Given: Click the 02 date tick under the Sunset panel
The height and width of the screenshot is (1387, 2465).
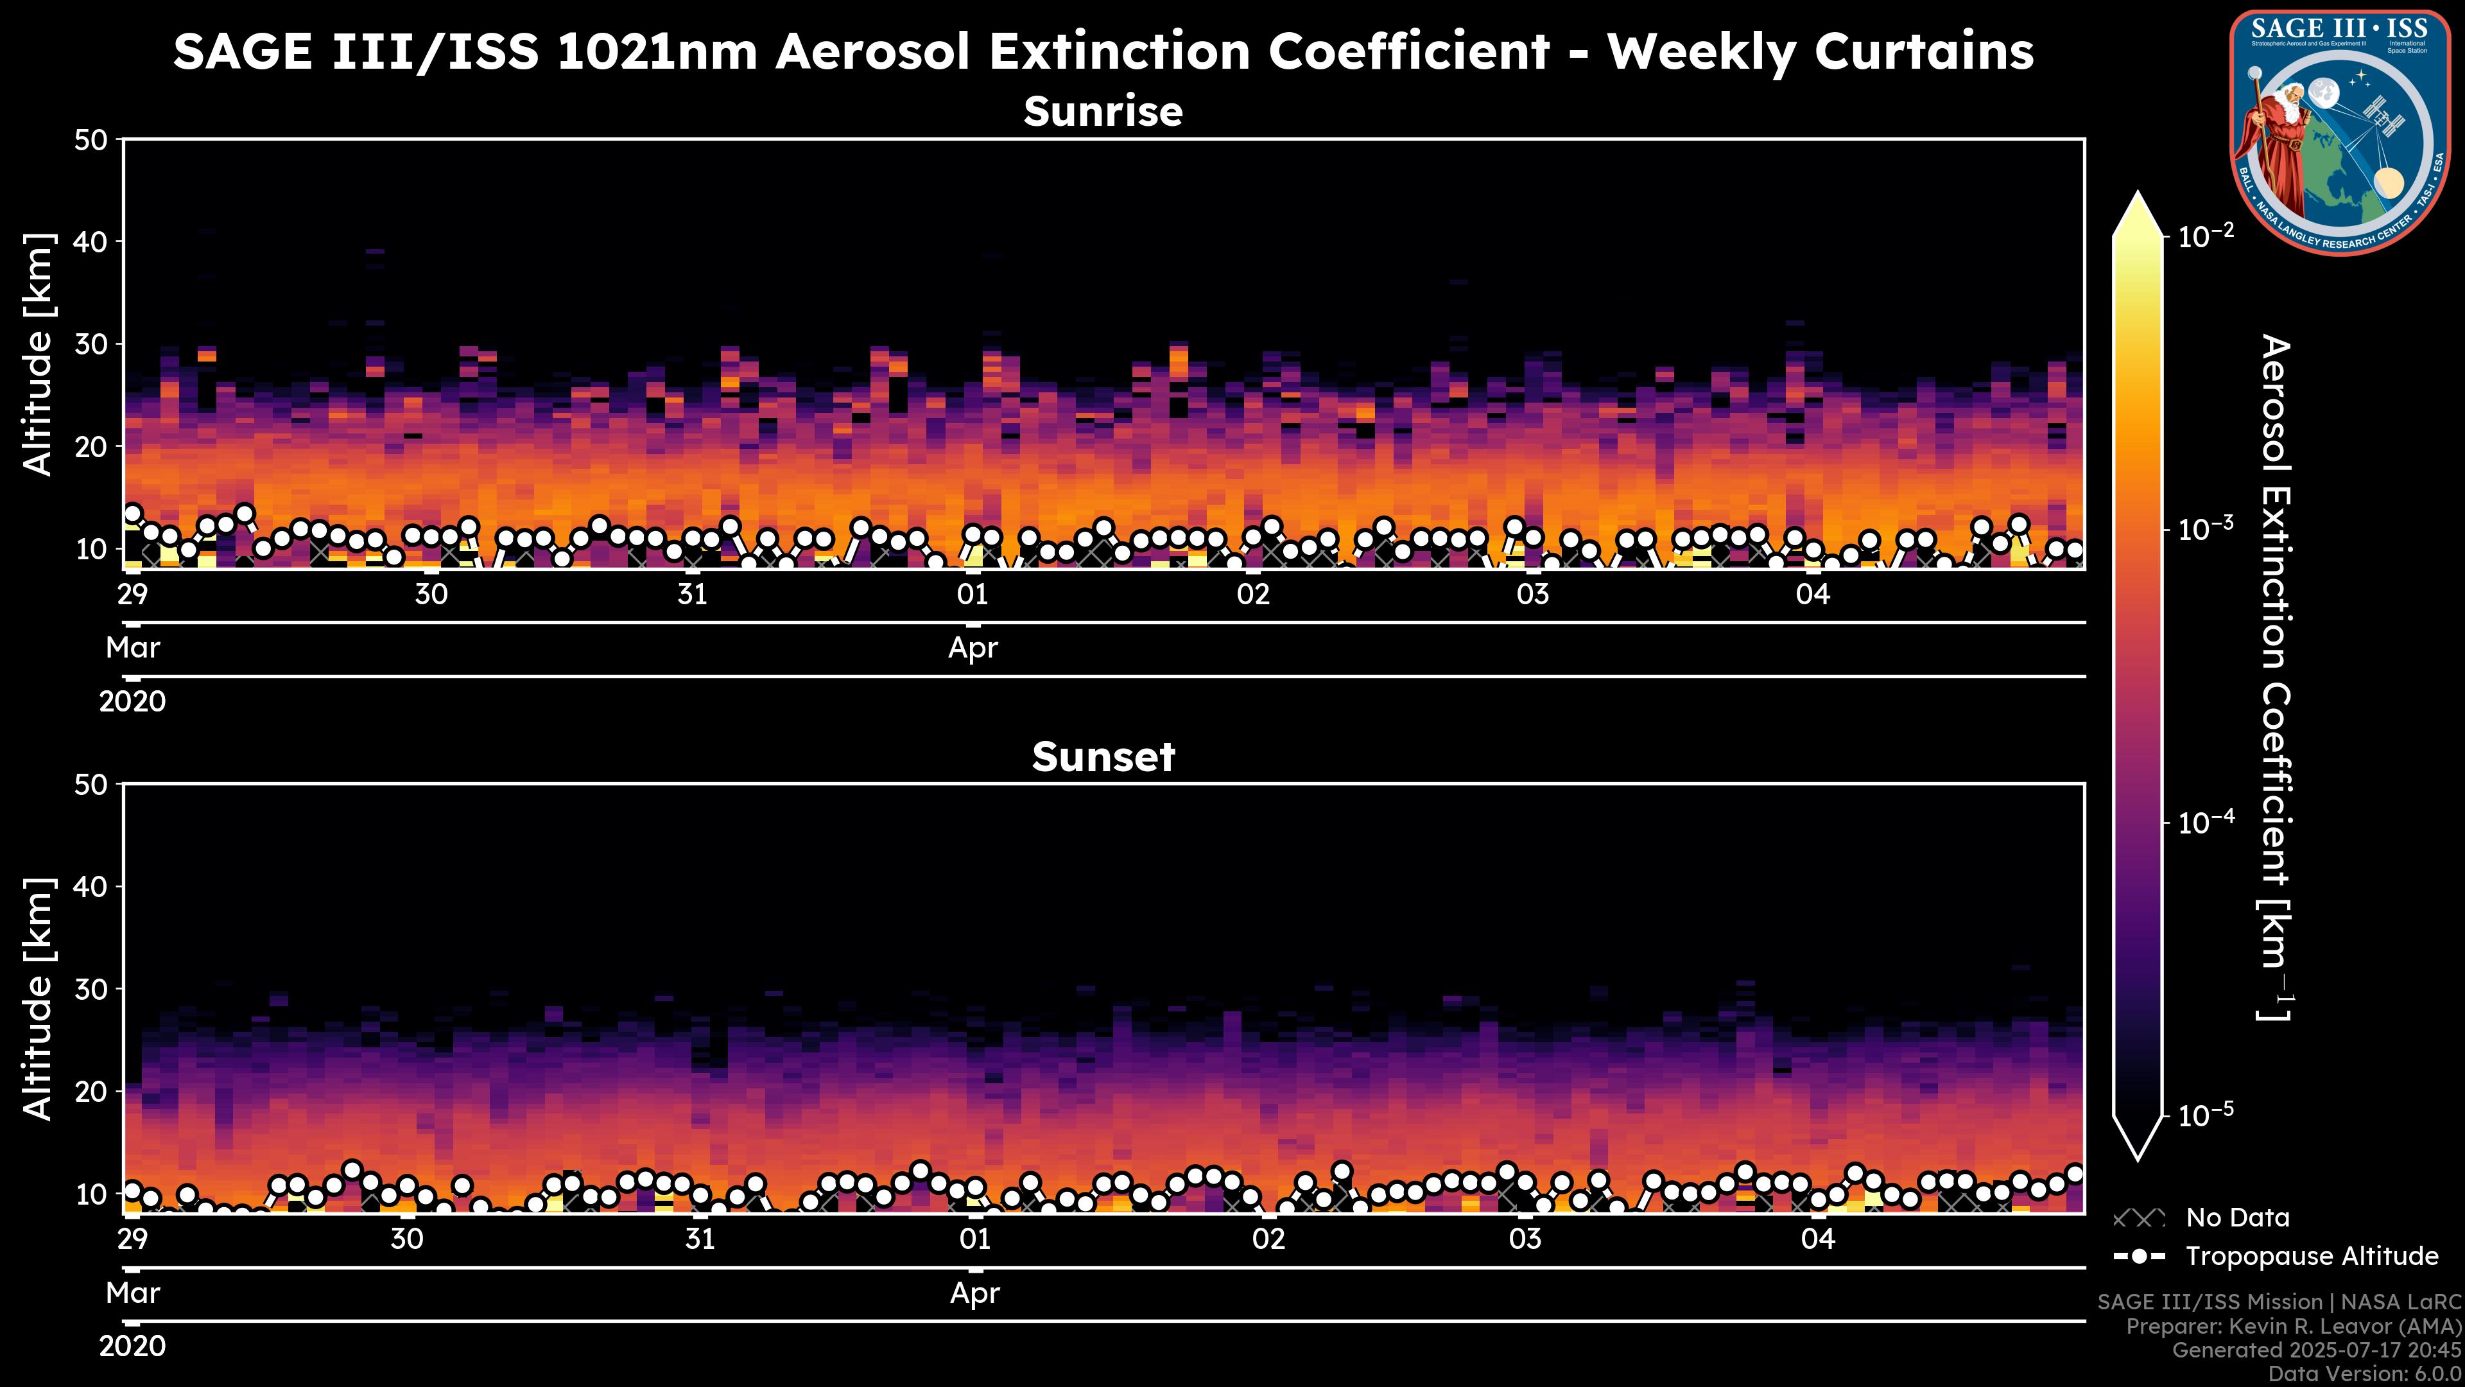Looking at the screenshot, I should pyautogui.click(x=1269, y=1239).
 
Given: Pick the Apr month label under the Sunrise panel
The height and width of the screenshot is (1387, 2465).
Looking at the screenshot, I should pyautogui.click(x=973, y=648).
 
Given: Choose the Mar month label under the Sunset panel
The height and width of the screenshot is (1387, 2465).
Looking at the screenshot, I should pyautogui.click(x=133, y=1293).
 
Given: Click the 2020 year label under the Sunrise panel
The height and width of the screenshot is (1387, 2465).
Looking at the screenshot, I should pyautogui.click(x=132, y=702).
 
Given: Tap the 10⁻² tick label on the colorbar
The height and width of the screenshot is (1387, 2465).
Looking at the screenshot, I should pyautogui.click(x=2207, y=236).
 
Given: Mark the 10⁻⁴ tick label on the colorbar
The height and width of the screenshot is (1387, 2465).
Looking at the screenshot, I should pyautogui.click(x=2207, y=822).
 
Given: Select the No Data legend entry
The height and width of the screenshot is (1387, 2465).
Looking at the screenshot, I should pyautogui.click(x=2237, y=1217).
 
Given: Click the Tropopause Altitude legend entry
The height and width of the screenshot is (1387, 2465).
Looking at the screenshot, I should pyautogui.click(x=2311, y=1256).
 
